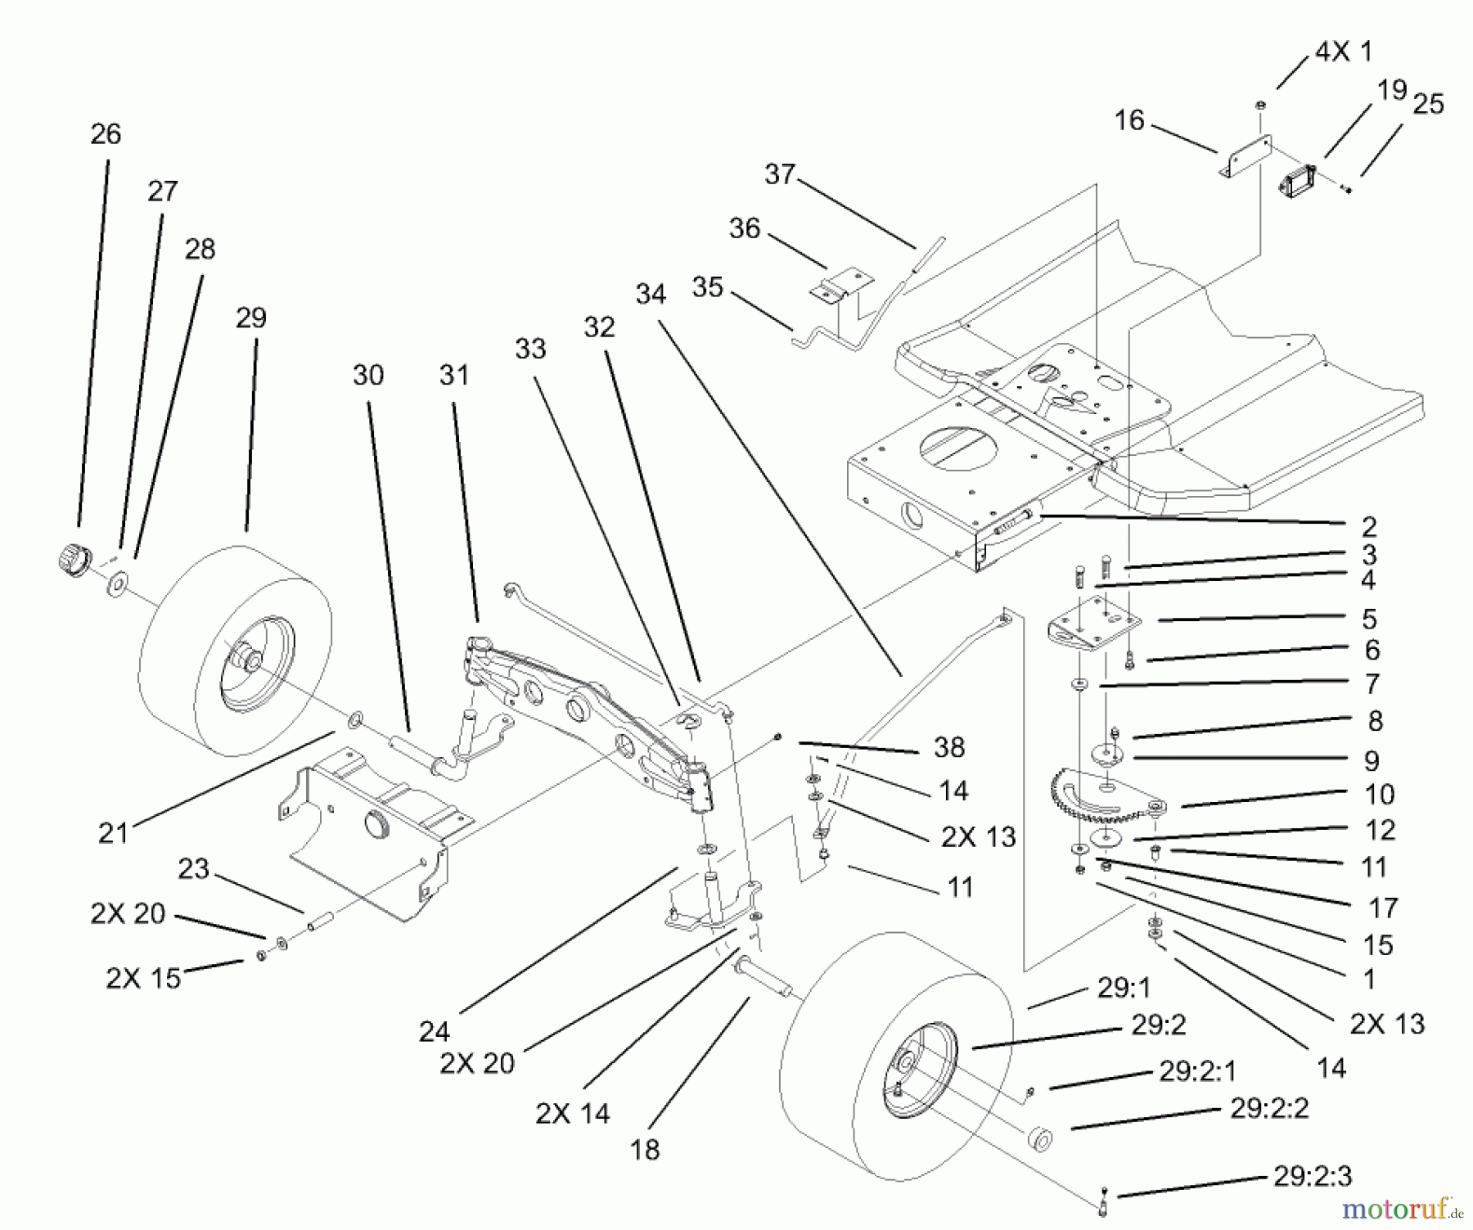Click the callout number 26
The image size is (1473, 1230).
[106, 134]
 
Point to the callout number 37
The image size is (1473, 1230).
[780, 174]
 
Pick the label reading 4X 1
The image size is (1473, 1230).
[1343, 52]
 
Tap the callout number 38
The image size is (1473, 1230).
[948, 746]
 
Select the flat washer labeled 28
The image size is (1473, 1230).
[119, 583]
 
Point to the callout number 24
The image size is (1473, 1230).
[434, 1032]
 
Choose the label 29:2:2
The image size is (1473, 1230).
[1269, 1108]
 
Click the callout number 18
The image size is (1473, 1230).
[645, 1150]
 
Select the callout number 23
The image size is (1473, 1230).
[193, 868]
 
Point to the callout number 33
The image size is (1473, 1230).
[530, 349]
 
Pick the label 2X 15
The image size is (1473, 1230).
[143, 977]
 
